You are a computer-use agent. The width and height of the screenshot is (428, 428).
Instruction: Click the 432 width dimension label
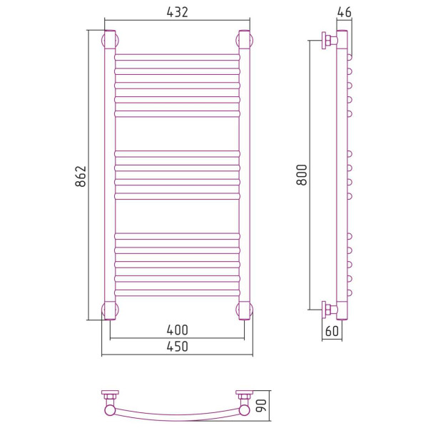[x=177, y=13]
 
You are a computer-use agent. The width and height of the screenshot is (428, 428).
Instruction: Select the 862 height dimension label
[x=81, y=176]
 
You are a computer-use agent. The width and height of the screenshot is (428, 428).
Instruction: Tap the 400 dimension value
[x=177, y=330]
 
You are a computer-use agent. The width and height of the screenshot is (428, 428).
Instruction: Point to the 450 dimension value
[x=177, y=347]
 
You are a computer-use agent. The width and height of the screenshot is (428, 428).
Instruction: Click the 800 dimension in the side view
[x=302, y=175]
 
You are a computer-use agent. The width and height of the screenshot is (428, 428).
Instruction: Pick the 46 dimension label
[x=345, y=12]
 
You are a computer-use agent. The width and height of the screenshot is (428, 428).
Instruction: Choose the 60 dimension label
[x=332, y=331]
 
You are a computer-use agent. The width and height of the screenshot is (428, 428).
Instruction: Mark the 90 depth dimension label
[x=261, y=406]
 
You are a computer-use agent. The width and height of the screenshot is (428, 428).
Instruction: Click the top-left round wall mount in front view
[x=110, y=40]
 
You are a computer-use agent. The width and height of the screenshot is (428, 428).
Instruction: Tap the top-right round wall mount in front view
[x=244, y=40]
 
